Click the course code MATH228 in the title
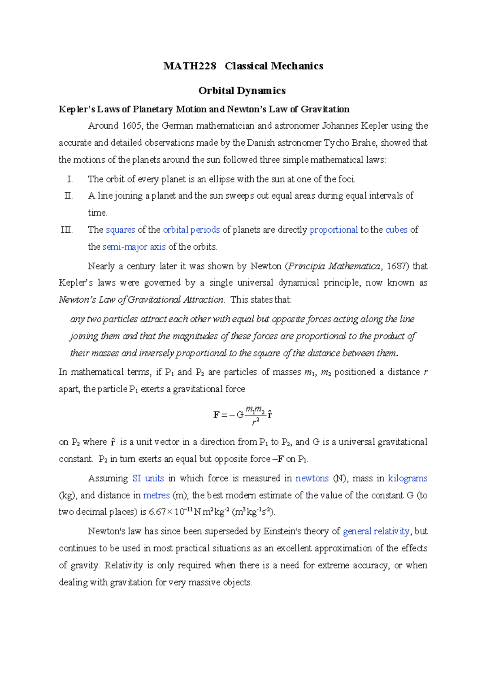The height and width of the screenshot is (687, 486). (x=190, y=66)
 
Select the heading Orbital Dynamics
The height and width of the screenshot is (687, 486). (x=242, y=91)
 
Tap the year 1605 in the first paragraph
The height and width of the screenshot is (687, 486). (x=132, y=126)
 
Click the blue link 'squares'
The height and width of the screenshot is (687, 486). (x=120, y=230)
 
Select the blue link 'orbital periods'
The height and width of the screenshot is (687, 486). (x=191, y=230)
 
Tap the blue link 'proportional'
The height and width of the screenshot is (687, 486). (x=333, y=230)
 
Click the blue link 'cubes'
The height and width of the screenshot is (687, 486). (x=396, y=230)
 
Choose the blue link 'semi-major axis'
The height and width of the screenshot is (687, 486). (x=134, y=247)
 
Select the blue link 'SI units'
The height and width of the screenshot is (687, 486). (x=148, y=479)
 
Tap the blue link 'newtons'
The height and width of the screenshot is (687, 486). (x=312, y=479)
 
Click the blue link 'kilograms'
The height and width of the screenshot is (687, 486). (x=407, y=479)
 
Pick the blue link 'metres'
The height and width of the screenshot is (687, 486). (x=156, y=496)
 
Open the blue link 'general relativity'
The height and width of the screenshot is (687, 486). (x=376, y=532)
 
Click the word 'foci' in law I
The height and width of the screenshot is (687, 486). (x=346, y=179)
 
